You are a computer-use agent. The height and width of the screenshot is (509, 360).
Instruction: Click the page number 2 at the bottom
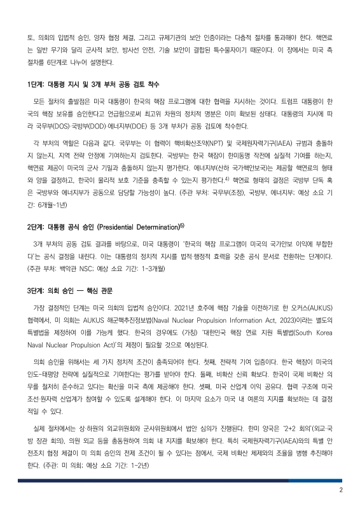click(x=341, y=490)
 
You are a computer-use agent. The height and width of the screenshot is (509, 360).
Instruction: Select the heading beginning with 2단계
click(x=105, y=227)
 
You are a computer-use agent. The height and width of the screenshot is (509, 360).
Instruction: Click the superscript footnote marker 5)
click(x=182, y=225)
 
